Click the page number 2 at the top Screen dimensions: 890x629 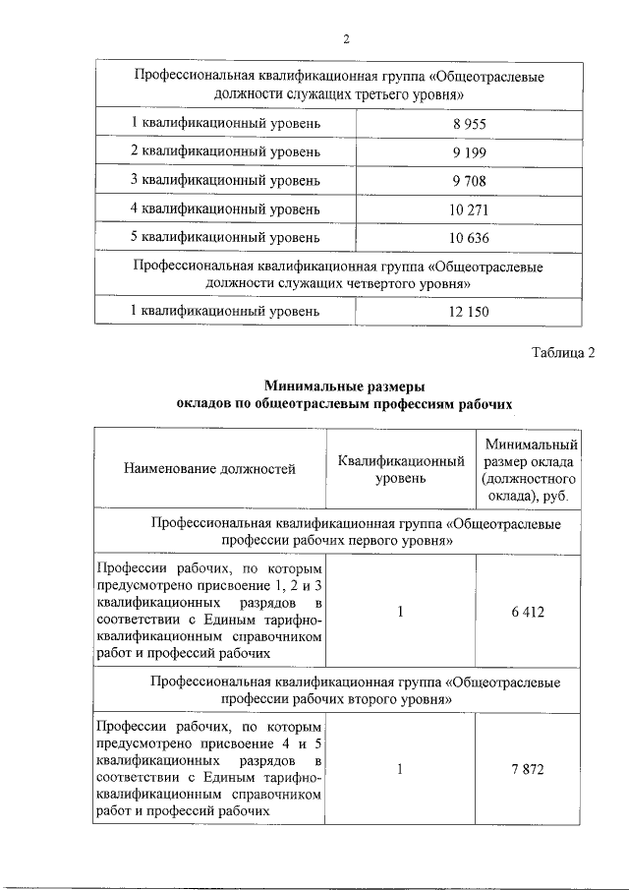[346, 39]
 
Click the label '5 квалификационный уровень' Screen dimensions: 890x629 [225, 237]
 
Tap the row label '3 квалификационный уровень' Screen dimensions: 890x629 [225, 181]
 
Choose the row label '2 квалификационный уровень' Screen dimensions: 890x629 [225, 152]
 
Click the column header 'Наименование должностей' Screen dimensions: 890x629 [209, 469]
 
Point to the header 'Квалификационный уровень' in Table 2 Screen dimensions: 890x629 [401, 469]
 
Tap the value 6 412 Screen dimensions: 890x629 [527, 612]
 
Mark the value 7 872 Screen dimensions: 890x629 [527, 770]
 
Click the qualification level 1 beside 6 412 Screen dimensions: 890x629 [401, 612]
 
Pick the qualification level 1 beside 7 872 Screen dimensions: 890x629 [401, 770]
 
